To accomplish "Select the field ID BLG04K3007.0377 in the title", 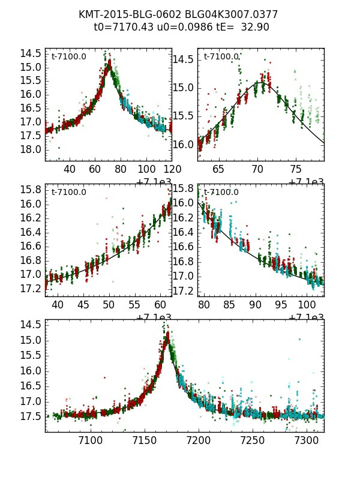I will pyautogui.click(x=232, y=14).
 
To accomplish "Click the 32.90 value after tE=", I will pyautogui.click(x=255, y=27).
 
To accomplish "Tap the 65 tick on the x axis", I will pyautogui.click(x=218, y=170).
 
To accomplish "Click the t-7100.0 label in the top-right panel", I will pyautogui.click(x=221, y=57).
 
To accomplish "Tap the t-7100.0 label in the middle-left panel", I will pyautogui.click(x=68, y=193).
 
